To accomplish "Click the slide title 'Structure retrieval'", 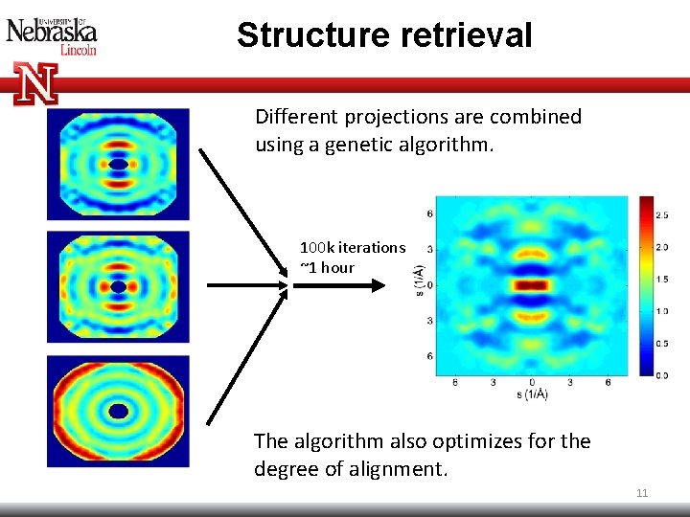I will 384,35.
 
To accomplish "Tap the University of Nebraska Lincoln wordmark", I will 52,36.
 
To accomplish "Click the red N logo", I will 35,83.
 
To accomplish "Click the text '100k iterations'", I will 353,247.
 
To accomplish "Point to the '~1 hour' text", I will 327,267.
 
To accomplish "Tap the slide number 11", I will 642,493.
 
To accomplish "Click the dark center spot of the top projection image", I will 118,164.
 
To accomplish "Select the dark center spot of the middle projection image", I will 118,286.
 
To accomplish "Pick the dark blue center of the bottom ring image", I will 118,411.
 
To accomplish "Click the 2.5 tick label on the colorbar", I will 661,215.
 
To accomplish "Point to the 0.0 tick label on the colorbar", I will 661,374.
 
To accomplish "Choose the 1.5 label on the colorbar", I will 661,279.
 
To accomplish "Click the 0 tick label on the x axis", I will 531,383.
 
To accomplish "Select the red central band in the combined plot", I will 531,284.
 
